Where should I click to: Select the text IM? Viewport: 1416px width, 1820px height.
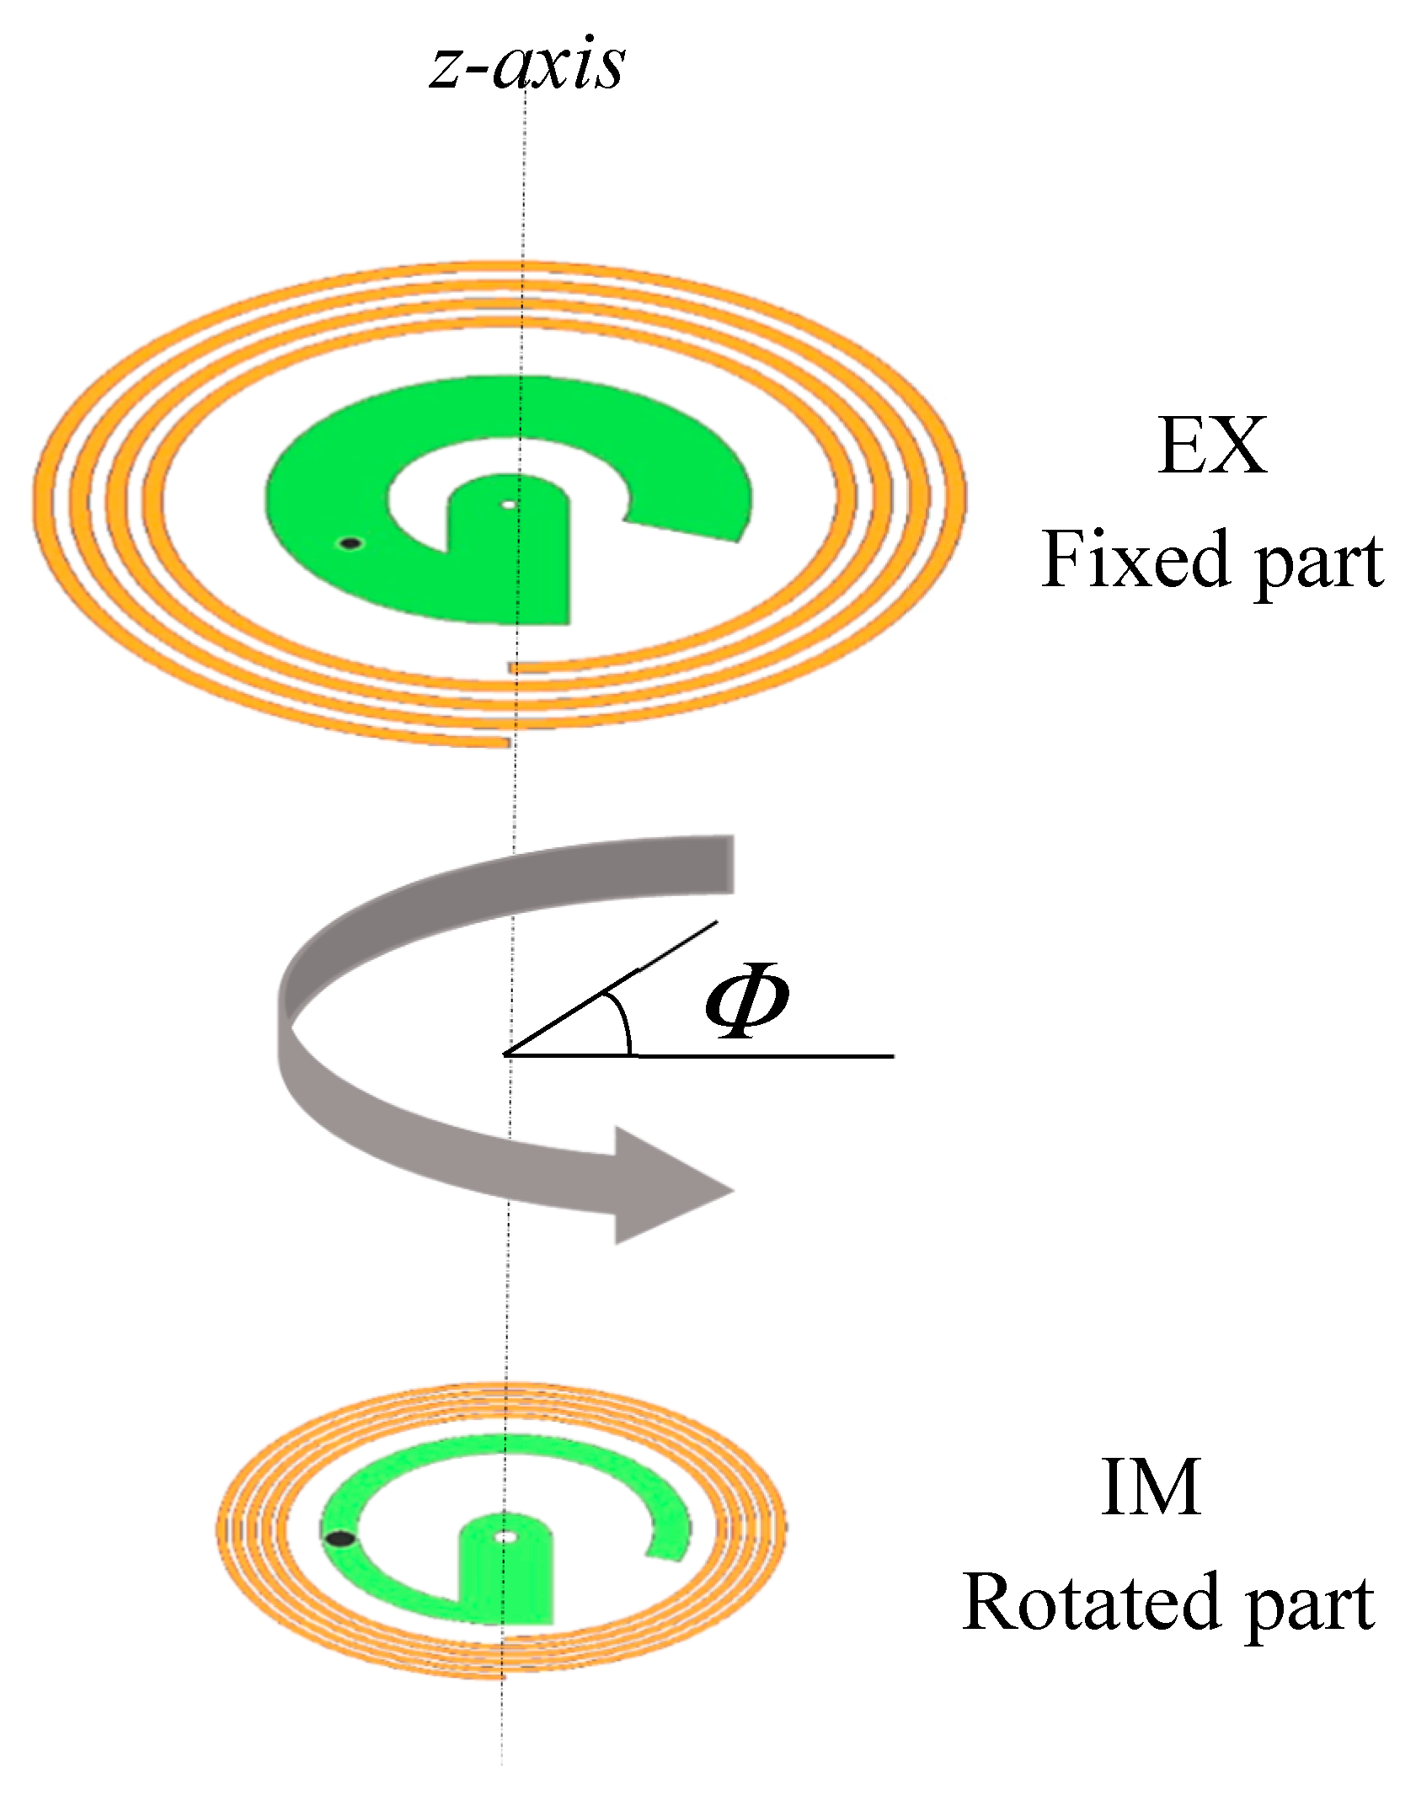(x=1151, y=1488)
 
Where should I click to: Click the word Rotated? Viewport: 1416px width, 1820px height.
(x=1091, y=1603)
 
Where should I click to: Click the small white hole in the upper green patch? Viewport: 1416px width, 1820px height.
(x=508, y=504)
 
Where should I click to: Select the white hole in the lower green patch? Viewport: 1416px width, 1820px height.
(x=505, y=1537)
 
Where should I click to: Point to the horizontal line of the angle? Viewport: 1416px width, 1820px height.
(x=758, y=1054)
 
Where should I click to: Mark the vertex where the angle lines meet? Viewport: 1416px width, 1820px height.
(x=505, y=1054)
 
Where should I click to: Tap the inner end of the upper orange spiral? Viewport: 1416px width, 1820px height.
(x=510, y=667)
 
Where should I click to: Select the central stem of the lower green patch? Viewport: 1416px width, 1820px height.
(x=506, y=1583)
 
